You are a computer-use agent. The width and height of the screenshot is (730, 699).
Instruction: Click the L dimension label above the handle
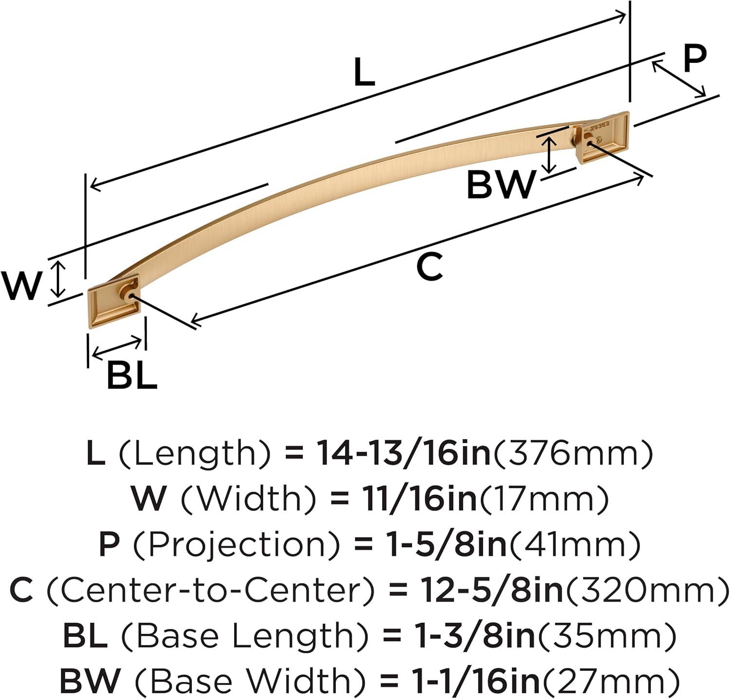click(x=364, y=73)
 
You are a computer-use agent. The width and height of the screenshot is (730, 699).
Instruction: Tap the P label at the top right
click(x=694, y=58)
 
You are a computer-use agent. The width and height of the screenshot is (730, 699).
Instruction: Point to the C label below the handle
click(x=430, y=266)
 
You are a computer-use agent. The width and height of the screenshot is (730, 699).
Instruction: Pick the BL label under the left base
click(x=132, y=374)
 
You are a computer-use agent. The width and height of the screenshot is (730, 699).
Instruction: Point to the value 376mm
click(x=573, y=454)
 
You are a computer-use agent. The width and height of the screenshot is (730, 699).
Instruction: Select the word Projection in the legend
click(x=236, y=545)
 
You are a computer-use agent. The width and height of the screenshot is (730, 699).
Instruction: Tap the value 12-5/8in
click(x=492, y=589)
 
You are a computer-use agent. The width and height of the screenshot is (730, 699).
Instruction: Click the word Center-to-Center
click(x=211, y=589)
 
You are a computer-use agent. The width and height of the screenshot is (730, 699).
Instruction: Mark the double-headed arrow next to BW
click(x=549, y=155)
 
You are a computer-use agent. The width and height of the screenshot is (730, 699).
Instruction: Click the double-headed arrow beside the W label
click(x=58, y=279)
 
